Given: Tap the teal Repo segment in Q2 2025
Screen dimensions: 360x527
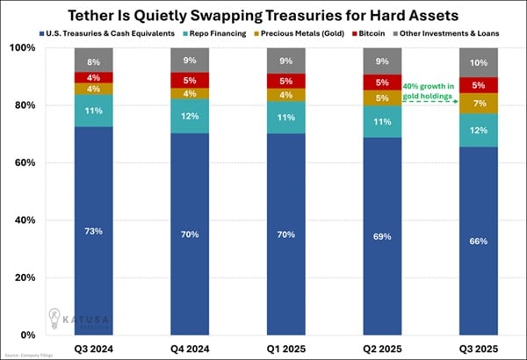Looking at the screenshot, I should (382, 121).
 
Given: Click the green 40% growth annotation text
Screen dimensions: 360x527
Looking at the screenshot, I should (429, 90).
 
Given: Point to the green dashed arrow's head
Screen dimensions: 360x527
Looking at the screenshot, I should (460, 103).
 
